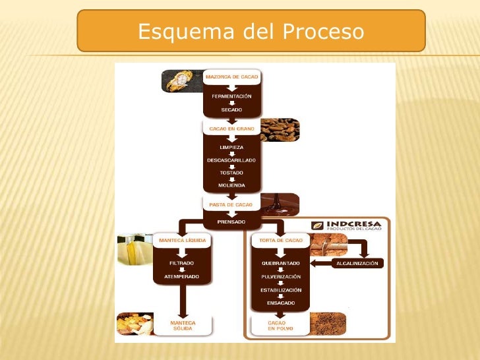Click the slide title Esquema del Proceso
tap(251, 31)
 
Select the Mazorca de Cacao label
tap(232, 77)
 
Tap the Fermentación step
tap(231, 96)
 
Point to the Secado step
tap(231, 109)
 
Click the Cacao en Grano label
tap(231, 129)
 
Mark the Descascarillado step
tap(231, 160)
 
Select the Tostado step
tap(231, 173)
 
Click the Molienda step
tap(231, 185)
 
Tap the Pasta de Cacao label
tap(231, 205)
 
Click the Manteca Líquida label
tap(181, 241)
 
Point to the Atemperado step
tap(181, 276)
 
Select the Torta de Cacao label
tap(281, 241)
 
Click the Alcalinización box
tap(357, 263)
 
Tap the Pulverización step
tap(281, 276)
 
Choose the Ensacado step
tap(281, 303)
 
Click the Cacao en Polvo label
tap(280, 326)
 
